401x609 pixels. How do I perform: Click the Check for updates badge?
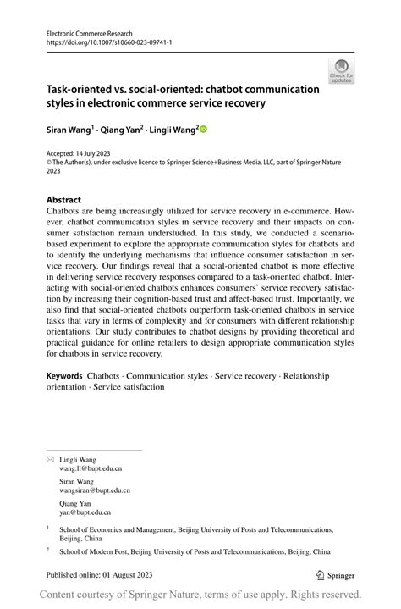click(341, 71)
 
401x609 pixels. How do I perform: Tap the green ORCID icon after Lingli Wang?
click(203, 130)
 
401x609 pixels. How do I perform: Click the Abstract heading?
click(63, 200)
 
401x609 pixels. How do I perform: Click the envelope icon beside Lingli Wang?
click(50, 459)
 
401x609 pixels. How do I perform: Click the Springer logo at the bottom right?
click(335, 573)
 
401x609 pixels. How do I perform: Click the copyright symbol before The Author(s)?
click(49, 163)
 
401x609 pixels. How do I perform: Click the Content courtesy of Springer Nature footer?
click(200, 595)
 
